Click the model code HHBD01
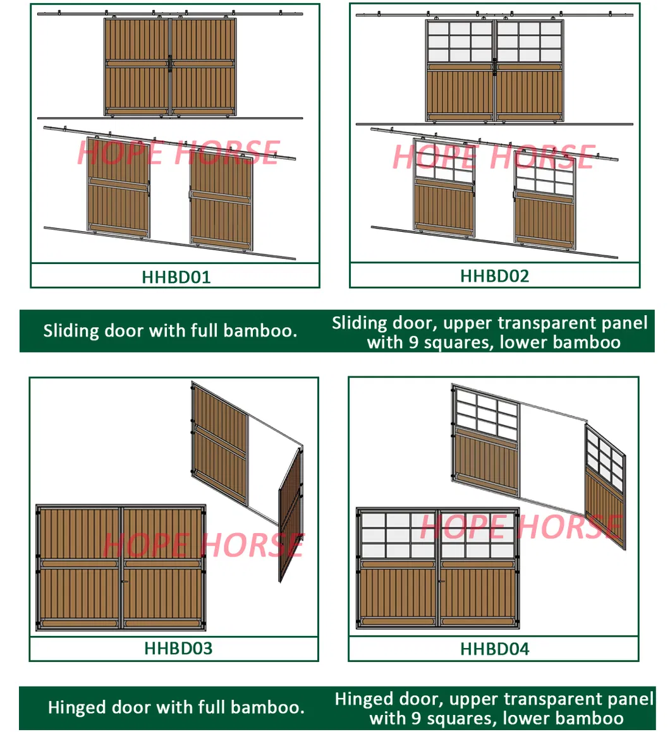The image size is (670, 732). click(176, 277)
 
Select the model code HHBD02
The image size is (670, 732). click(494, 276)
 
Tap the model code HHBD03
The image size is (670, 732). click(178, 649)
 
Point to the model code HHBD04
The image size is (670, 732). click(494, 649)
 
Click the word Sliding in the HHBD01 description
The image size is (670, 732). click(71, 331)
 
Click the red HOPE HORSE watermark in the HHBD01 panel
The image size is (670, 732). click(178, 153)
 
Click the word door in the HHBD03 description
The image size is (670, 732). click(130, 707)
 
